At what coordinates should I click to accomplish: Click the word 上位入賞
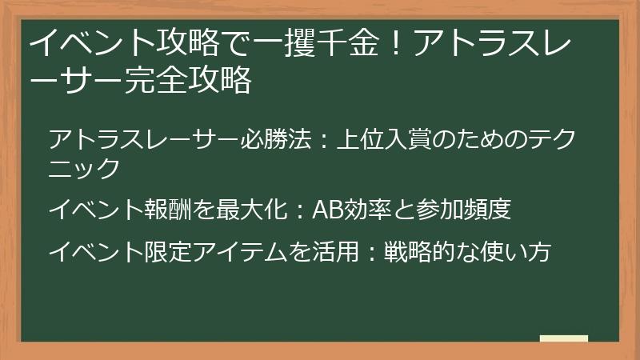(x=389, y=140)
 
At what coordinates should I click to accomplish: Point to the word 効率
(x=367, y=210)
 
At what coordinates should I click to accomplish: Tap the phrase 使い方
(x=520, y=252)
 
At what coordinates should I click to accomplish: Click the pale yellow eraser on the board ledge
(x=563, y=339)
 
